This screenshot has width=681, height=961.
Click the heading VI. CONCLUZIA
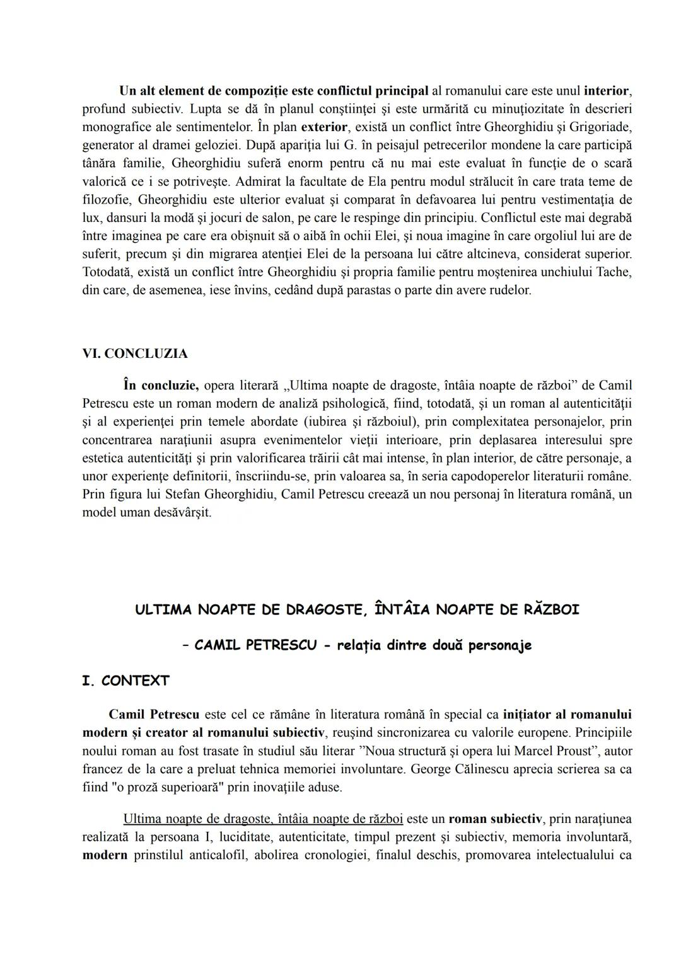pos(135,354)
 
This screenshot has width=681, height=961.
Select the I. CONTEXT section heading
pos(125,681)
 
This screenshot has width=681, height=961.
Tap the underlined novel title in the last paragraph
pos(262,819)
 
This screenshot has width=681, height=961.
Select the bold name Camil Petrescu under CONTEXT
pos(154,715)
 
